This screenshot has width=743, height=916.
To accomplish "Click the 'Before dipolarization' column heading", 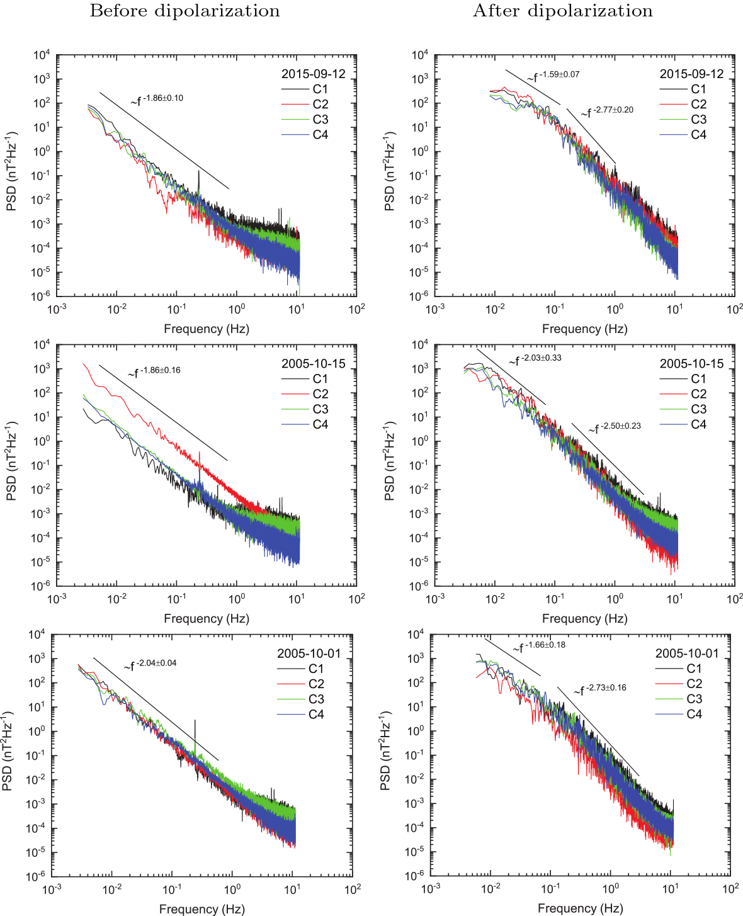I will [x=184, y=11].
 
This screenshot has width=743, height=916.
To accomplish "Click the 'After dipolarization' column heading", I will [x=563, y=11].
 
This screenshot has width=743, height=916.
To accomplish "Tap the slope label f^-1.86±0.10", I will [x=157, y=99].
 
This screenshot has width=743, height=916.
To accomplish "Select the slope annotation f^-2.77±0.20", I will [x=608, y=111].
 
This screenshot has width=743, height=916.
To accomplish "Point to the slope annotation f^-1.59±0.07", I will [x=553, y=76].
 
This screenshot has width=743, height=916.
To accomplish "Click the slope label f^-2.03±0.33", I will [x=535, y=359].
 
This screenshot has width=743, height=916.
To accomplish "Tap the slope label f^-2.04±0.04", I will [x=150, y=664].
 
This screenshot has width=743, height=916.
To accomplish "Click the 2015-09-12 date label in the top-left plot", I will [x=313, y=74].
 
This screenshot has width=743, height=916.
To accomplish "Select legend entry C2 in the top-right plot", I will [x=698, y=105].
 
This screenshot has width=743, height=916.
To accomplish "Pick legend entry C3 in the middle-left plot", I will [x=320, y=409].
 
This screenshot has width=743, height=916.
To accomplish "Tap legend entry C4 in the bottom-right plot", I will [x=694, y=714].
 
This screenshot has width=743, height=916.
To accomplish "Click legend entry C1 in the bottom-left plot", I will [x=315, y=669].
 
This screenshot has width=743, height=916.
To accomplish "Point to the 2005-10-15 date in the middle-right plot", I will [x=691, y=363].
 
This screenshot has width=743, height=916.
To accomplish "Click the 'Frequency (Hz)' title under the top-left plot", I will [x=207, y=329].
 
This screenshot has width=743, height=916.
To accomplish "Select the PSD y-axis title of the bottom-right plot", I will [x=386, y=752].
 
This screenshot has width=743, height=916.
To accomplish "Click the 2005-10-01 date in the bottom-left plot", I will [x=309, y=653].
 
